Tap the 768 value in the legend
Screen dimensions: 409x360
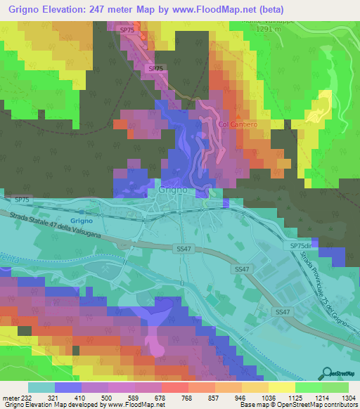click(176, 397)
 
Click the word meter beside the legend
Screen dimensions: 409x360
click(10, 397)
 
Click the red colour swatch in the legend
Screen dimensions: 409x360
click(175, 387)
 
